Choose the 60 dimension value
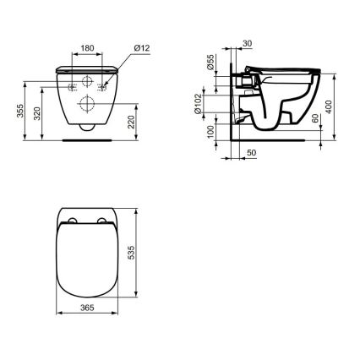[x=314, y=117]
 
